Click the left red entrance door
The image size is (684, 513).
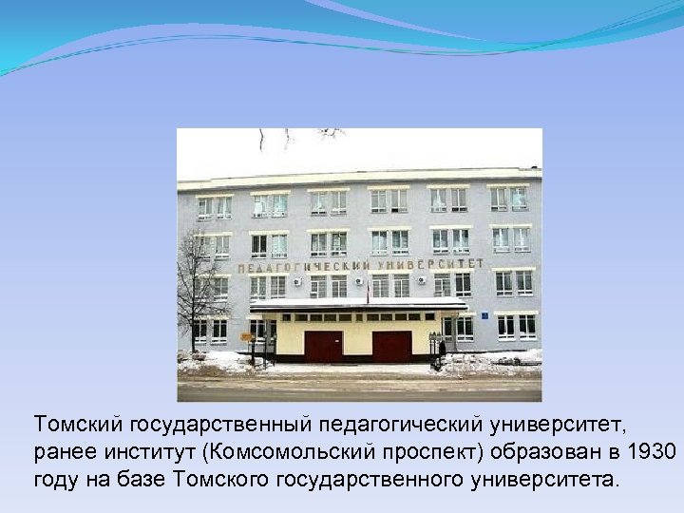pos(323,347)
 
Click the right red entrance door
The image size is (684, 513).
pos(391,347)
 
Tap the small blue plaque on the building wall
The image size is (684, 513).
pos(484,314)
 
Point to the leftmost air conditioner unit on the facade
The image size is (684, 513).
pos(297,282)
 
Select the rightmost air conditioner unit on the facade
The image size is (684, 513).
pos(421,281)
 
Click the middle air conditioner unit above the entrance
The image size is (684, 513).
pos(359,282)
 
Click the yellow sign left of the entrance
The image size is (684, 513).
pos(248,336)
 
